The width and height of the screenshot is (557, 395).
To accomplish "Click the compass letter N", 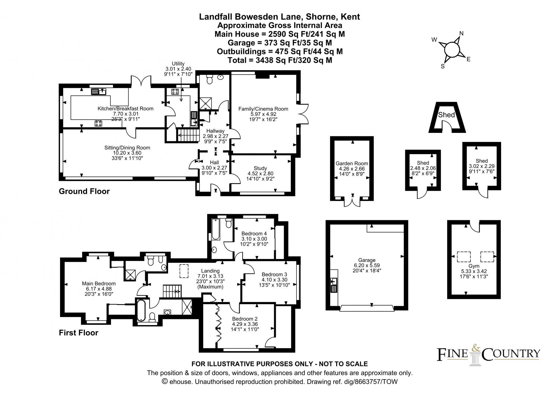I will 461,33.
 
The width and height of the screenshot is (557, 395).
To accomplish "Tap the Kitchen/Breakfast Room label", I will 125,109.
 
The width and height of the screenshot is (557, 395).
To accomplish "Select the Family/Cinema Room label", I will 263,109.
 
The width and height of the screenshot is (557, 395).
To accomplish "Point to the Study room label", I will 260,168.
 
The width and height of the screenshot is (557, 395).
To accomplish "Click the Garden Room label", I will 352,163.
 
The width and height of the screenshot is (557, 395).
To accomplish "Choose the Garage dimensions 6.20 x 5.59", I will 367,265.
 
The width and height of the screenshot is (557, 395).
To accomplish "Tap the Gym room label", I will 474,266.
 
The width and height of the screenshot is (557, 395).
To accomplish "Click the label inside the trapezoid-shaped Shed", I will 446,115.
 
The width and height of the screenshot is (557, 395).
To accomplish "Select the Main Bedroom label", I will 98,283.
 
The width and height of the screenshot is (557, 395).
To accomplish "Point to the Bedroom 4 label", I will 254,233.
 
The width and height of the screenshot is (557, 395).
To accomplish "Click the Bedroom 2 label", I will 245,319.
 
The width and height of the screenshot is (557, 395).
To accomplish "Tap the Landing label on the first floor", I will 210,271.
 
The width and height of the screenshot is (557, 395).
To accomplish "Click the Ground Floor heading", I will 84,191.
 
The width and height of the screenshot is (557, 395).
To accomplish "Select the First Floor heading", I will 79,333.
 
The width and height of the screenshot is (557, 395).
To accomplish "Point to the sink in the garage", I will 334,281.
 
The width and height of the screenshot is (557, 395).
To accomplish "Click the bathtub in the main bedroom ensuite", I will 141,311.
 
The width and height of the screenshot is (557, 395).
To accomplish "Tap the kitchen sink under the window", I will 99,92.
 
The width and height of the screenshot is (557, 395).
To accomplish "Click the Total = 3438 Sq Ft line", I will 280,60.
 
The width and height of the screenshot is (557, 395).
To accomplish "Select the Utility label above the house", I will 178,64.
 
